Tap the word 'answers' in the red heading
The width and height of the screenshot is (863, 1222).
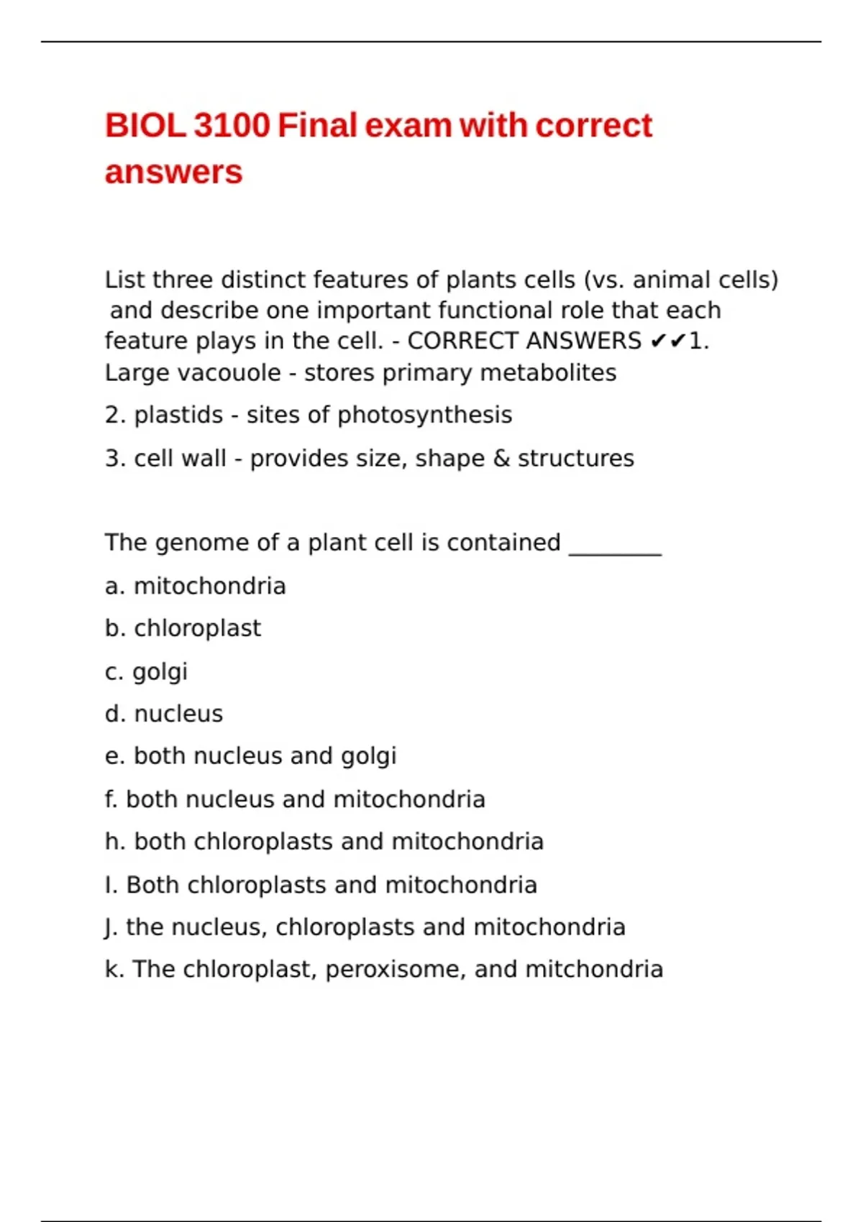[173, 173]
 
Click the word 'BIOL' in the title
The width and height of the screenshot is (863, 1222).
[145, 126]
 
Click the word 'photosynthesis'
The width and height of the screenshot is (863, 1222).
[424, 415]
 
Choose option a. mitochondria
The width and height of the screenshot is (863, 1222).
[195, 587]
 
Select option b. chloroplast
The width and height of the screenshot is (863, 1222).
[183, 628]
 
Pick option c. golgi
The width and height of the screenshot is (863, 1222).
[146, 672]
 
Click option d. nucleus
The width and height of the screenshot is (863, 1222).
[164, 714]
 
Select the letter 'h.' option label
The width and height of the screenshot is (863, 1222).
[115, 842]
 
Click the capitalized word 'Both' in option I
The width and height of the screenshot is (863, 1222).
[152, 885]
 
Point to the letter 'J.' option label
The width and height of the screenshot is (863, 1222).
[111, 927]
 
